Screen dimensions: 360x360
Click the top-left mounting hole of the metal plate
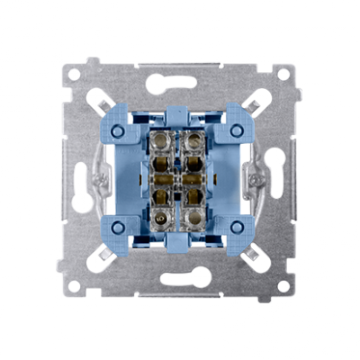click(x=75, y=74)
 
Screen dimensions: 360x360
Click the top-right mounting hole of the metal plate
click(x=283, y=74)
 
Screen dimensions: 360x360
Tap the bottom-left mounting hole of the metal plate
click(x=75, y=285)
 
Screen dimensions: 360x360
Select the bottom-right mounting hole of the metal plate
click(x=283, y=285)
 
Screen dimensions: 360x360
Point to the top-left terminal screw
click(x=167, y=141)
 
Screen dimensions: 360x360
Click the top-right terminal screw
click(x=193, y=141)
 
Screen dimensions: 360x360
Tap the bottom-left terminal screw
click(x=167, y=218)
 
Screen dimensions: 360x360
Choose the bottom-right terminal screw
click(x=193, y=218)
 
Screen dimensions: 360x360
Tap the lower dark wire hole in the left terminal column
click(x=167, y=194)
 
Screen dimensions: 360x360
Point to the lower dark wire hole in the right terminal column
click(x=193, y=194)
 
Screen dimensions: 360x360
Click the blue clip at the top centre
click(x=180, y=113)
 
